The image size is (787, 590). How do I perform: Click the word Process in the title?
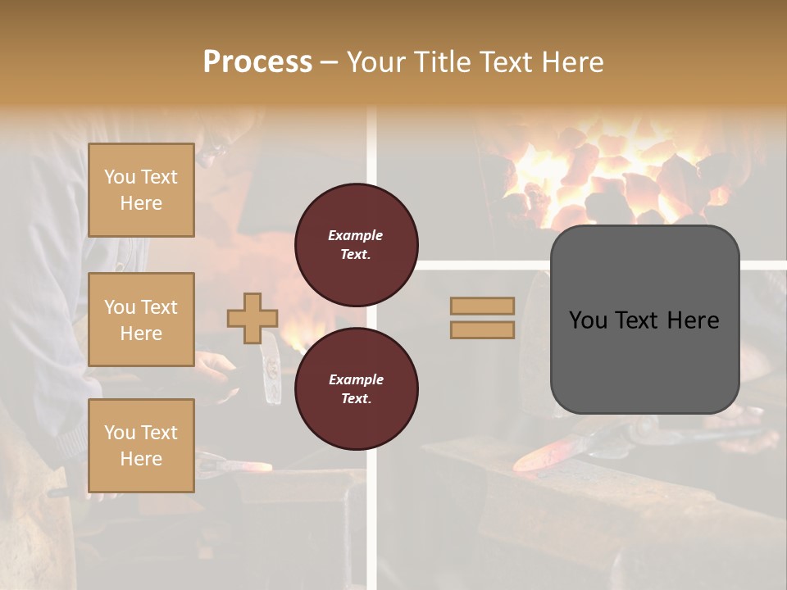pos(257,61)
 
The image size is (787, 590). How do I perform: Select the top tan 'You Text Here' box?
pos(141,190)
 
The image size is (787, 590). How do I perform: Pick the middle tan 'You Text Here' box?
pos(141,320)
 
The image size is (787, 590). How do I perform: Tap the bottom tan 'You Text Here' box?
pos(141,446)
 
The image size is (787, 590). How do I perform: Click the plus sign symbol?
pos(252,318)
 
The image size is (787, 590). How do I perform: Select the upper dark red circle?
pos(356,244)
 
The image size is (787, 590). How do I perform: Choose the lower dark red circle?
pos(356,388)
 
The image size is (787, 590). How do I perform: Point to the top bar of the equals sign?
pos(483,306)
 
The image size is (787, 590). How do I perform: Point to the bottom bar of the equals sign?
pos(483,329)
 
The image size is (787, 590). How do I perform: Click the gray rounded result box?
pos(644,320)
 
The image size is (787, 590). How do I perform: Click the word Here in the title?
pos(574,61)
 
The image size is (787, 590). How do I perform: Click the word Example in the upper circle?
pos(356,235)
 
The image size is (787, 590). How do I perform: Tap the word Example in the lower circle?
pos(356,379)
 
